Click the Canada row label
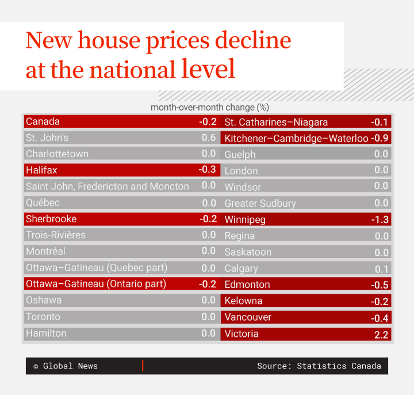(x=43, y=121)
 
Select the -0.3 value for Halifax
(x=208, y=170)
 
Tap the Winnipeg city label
(x=245, y=219)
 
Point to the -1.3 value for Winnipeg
(x=380, y=219)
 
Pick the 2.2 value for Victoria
(x=381, y=334)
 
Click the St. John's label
(x=47, y=138)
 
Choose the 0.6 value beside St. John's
(x=209, y=138)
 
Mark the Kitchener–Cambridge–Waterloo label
(x=297, y=138)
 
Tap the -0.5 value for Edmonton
(x=380, y=284)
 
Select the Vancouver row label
(x=248, y=317)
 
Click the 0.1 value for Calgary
(x=382, y=269)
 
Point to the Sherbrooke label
(x=51, y=219)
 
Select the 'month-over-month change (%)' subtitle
(x=210, y=108)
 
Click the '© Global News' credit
(x=66, y=366)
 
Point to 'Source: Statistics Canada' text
(x=319, y=366)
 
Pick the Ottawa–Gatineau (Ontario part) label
(x=96, y=284)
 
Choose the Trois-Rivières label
(x=56, y=235)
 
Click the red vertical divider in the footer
(x=143, y=366)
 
